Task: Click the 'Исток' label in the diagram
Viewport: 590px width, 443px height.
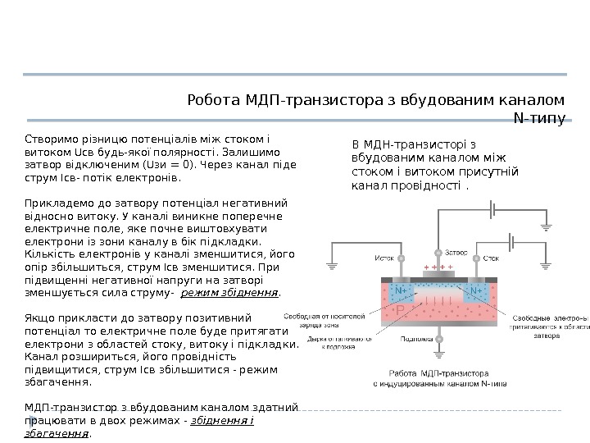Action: tap(385, 258)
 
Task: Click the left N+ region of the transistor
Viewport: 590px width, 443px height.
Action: tap(401, 290)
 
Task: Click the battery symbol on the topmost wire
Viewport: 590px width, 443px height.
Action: tap(492, 210)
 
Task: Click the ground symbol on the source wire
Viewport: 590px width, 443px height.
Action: tap(333, 266)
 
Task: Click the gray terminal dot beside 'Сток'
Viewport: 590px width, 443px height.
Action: tap(476, 258)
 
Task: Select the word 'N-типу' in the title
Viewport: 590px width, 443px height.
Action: tap(538, 120)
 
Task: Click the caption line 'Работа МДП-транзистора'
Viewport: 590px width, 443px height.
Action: tap(438, 372)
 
